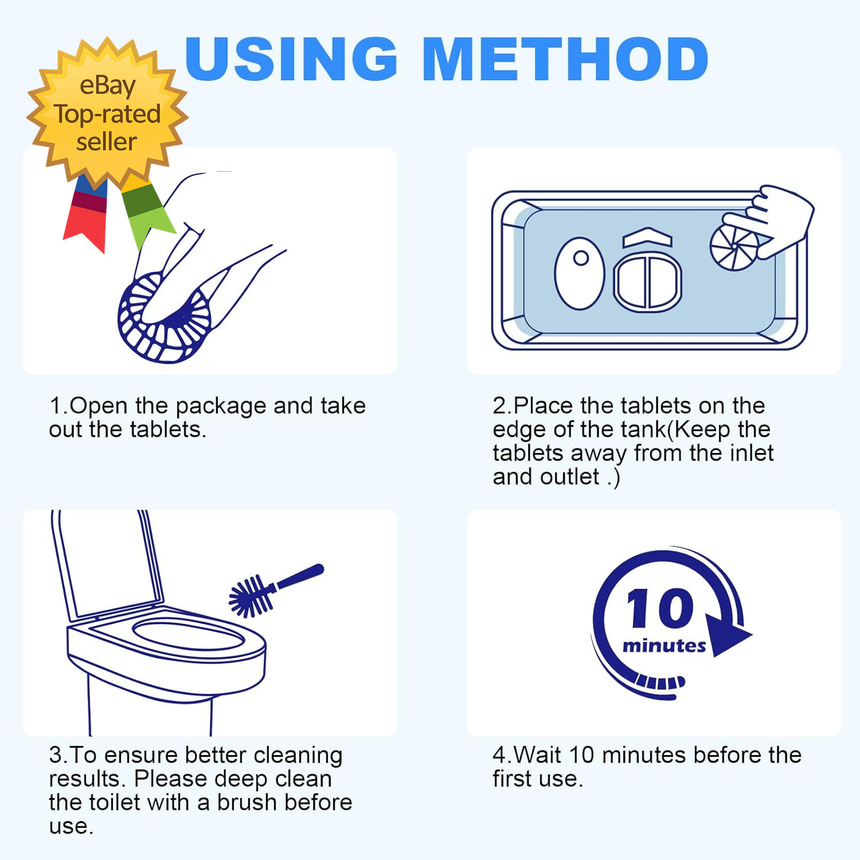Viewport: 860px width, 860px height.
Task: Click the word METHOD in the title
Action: coord(566,58)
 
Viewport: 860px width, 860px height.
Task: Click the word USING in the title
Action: coord(291,58)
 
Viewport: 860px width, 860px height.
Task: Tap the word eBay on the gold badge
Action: coord(107,86)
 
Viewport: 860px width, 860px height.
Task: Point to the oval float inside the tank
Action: coord(580,273)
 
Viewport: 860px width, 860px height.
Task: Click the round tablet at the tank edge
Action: coord(734,247)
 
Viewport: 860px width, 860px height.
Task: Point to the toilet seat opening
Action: coord(189,634)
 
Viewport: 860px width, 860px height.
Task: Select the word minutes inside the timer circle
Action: coord(664,646)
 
